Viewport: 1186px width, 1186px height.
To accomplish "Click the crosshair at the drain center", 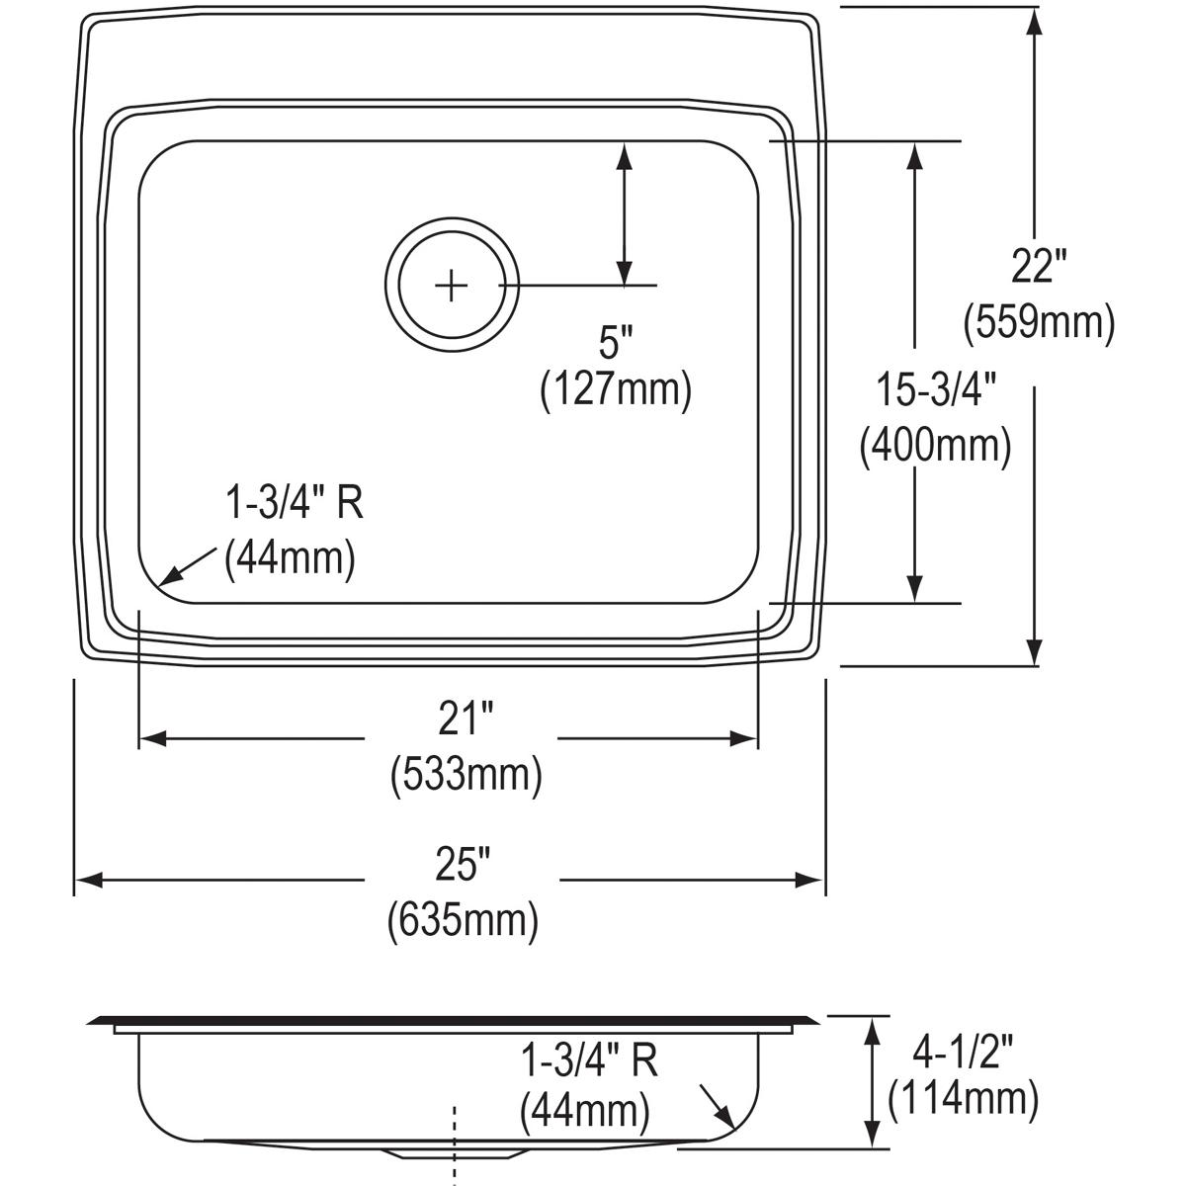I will pyautogui.click(x=451, y=286).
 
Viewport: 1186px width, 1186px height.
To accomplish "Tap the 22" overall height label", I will pyautogui.click(x=1038, y=266).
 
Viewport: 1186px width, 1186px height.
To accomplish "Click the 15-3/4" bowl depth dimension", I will pyautogui.click(x=934, y=390).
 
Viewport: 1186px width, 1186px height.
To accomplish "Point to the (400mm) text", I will pyautogui.click(x=935, y=446).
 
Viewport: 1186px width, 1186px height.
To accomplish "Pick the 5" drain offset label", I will pyautogui.click(x=615, y=344).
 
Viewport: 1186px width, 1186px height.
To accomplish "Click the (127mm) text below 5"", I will pyautogui.click(x=615, y=390).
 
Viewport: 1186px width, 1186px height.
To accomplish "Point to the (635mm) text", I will pyautogui.click(x=463, y=920).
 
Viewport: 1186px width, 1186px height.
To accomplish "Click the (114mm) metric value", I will pyautogui.click(x=964, y=1098).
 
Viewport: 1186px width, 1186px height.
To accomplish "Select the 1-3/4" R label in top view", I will pyautogui.click(x=295, y=504).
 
